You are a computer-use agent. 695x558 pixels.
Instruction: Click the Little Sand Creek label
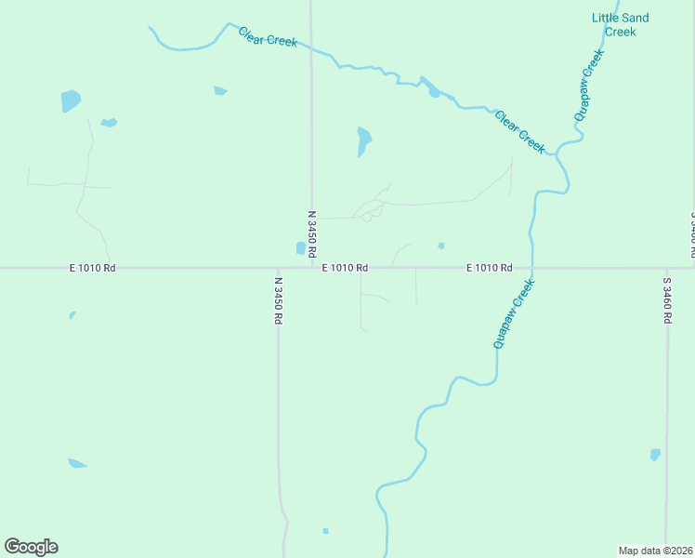621,24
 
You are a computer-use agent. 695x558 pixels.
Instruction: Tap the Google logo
31,547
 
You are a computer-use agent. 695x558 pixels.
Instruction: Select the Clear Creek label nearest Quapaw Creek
519,132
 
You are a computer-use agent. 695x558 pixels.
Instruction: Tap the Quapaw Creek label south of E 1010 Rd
515,314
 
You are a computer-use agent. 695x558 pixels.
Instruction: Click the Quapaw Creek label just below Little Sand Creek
588,85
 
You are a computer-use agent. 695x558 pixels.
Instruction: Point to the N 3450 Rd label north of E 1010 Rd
312,233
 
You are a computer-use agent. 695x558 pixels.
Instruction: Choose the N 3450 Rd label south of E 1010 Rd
278,299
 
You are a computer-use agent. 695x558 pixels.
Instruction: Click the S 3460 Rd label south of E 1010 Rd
667,299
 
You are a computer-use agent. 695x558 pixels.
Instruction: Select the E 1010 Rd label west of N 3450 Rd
92,268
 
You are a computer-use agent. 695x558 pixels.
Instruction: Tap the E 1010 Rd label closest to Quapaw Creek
489,268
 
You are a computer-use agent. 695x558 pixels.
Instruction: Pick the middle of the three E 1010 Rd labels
345,268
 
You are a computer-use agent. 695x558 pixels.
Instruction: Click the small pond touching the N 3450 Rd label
300,248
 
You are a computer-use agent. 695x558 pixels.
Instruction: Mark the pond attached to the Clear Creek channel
433,91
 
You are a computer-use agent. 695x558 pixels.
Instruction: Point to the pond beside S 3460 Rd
655,455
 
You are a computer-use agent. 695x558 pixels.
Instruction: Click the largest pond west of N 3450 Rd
71,100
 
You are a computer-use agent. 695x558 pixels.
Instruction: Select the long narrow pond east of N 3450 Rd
363,141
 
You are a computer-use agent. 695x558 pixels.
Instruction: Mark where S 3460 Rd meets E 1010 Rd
667,268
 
